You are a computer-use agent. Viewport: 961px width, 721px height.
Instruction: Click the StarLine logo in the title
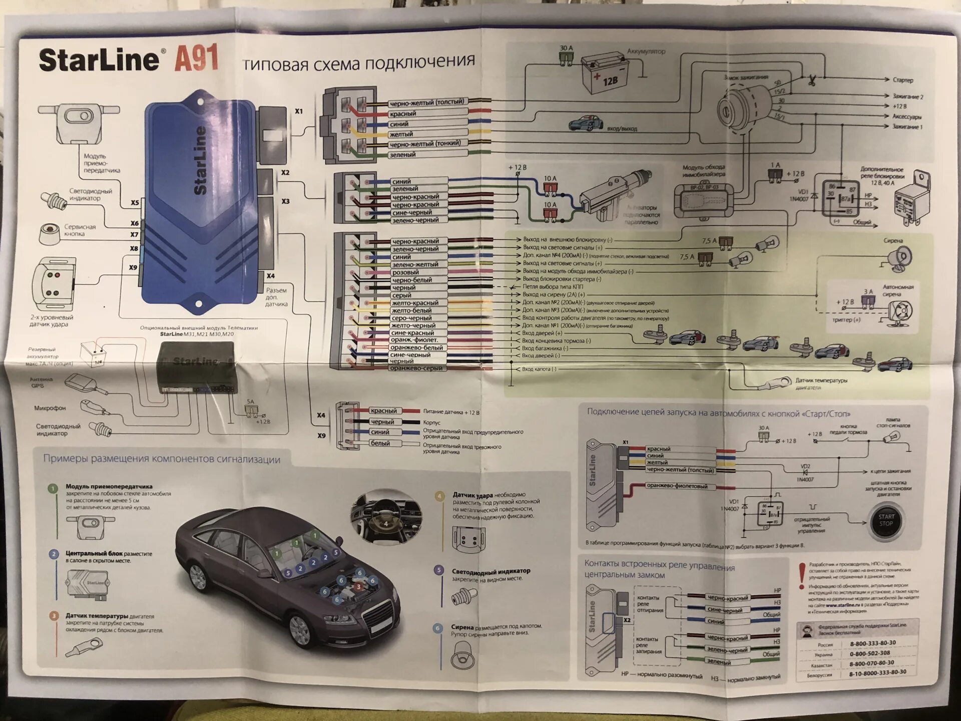99,60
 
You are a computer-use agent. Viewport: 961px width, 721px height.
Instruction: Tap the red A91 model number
196,59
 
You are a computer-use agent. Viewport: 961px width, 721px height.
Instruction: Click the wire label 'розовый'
405,272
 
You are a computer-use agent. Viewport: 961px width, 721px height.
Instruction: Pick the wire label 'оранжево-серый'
416,368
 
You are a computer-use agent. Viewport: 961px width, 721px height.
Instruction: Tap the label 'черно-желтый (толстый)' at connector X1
427,103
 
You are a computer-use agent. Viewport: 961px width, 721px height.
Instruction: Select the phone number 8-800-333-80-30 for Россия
872,643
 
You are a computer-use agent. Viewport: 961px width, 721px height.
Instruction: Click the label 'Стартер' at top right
902,80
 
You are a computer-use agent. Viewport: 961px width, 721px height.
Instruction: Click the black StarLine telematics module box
196,367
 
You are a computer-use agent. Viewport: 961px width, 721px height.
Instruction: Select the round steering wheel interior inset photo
386,518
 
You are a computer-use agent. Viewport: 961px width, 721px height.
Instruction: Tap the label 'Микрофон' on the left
50,408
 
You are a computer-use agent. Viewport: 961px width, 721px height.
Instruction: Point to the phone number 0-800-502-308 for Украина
869,653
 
